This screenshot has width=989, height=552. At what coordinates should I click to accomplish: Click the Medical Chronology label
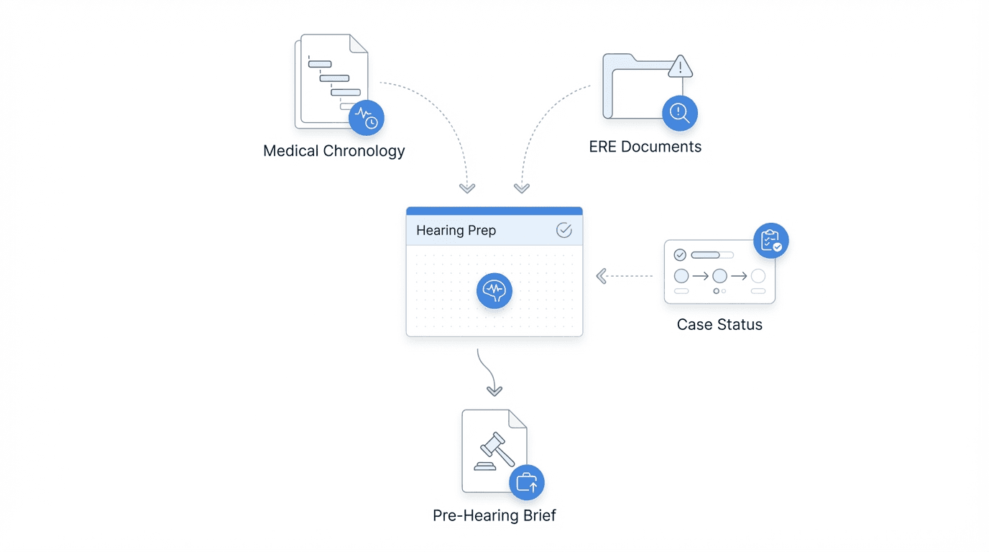(333, 151)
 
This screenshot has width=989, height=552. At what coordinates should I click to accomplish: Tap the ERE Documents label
(645, 147)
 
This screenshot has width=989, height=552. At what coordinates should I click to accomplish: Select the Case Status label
(719, 324)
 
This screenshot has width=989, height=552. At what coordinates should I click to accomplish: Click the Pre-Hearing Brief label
(494, 515)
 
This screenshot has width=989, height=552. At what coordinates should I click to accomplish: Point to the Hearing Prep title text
(456, 231)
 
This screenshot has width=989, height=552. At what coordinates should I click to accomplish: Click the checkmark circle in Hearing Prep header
(564, 230)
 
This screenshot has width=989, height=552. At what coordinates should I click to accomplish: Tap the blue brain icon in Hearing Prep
(494, 290)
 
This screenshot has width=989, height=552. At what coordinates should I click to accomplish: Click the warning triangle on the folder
(680, 68)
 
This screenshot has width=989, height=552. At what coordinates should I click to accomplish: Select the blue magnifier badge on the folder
(679, 113)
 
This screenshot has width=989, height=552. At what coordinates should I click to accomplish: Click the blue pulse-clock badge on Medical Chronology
(367, 118)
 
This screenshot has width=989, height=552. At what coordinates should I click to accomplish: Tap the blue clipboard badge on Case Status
(770, 241)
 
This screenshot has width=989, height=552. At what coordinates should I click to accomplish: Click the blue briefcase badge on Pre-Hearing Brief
(527, 482)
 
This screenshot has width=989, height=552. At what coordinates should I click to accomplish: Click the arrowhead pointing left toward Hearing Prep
(602, 276)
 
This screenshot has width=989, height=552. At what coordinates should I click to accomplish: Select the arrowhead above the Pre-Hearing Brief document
(494, 391)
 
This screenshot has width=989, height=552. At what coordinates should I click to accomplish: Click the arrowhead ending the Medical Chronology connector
(467, 188)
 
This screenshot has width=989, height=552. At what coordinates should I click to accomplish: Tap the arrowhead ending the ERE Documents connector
(522, 188)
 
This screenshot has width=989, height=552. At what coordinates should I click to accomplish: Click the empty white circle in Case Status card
(758, 276)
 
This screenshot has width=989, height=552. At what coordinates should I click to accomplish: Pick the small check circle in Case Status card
(680, 255)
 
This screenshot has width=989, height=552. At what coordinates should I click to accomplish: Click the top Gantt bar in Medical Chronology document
(320, 64)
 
